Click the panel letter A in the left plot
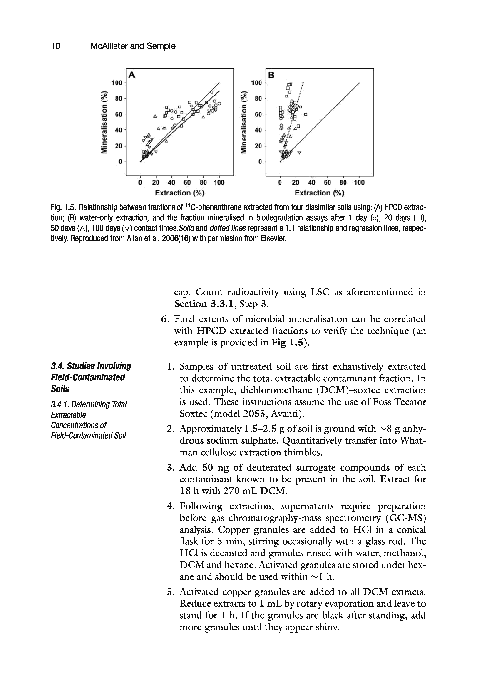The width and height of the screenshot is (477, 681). tap(132, 75)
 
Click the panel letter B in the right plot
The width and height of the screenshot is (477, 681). tap(271, 75)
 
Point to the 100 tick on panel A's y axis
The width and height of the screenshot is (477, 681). tap(117, 83)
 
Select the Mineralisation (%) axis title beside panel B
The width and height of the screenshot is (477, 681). tap(244, 122)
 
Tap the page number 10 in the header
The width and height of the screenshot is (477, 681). tap(55, 46)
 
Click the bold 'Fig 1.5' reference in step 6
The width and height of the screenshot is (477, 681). tap(287, 343)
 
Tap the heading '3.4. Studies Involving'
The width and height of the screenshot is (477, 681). tap(91, 366)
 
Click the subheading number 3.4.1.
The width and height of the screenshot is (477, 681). tap(60, 404)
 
